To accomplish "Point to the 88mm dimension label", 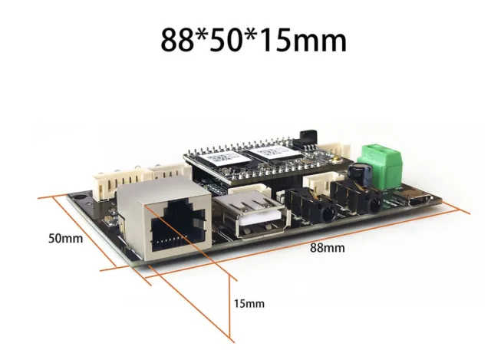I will (x=328, y=248).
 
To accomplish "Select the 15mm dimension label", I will (x=249, y=303).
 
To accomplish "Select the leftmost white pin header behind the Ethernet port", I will (x=109, y=183).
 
